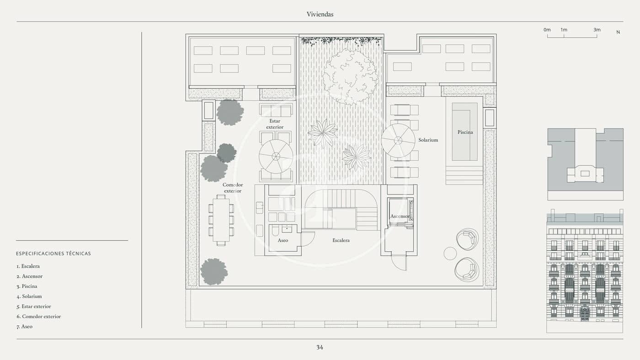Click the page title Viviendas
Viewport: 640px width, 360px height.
tap(320, 14)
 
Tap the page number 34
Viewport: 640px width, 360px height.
tap(320, 347)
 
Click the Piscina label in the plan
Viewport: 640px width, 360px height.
tap(465, 132)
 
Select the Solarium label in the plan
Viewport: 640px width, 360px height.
tap(428, 140)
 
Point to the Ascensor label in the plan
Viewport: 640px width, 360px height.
tap(400, 216)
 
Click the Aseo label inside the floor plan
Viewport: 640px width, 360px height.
tap(283, 240)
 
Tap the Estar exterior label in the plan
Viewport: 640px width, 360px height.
tap(275, 124)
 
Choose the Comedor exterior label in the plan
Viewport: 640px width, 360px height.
tap(233, 188)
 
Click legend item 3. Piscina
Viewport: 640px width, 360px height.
tap(27, 286)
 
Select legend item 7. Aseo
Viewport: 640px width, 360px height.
tap(25, 327)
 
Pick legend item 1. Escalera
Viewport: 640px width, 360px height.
tap(28, 266)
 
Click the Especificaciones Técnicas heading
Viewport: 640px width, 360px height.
tap(53, 254)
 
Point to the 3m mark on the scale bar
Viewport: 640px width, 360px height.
tap(597, 30)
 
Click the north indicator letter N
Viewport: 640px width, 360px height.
tap(618, 32)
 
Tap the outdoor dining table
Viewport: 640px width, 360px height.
tap(221, 220)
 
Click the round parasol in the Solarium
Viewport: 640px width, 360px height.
tap(398, 141)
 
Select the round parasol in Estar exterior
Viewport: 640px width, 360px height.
tap(276, 156)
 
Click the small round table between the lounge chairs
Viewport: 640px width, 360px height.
tap(450, 253)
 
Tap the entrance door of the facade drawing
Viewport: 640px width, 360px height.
tap(584, 314)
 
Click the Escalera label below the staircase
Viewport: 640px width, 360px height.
tap(341, 240)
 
